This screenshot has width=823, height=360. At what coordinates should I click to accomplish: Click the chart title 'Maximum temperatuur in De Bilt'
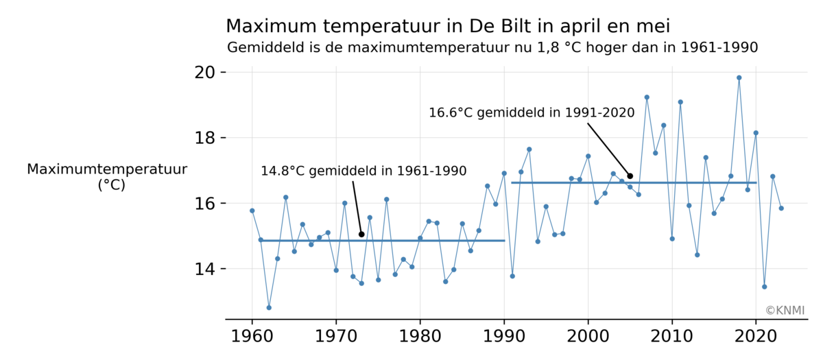coord(447,26)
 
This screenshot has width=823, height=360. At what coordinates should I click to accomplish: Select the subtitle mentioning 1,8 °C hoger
coord(492,48)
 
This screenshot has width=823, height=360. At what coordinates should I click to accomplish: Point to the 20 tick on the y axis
coord(206,73)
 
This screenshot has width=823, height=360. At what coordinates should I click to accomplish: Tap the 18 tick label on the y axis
coord(206,139)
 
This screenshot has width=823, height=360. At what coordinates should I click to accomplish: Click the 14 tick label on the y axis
coord(206,269)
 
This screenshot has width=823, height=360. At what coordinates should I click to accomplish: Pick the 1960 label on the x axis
coord(252,337)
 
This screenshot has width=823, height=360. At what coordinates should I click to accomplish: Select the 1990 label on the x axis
coord(504,337)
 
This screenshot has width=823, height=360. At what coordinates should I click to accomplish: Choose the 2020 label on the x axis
coord(756,337)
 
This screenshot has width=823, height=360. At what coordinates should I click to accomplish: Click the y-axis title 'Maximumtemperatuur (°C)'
coord(108,177)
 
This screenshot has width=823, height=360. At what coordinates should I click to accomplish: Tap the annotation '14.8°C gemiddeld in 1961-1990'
coord(363,171)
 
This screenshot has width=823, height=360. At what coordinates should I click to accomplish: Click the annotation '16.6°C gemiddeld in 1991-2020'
coord(532,112)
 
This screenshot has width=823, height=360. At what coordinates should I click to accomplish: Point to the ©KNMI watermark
coord(785,311)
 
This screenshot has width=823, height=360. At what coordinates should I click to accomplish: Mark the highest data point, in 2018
coord(739,77)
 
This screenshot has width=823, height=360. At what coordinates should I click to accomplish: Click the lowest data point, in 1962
coord(269,307)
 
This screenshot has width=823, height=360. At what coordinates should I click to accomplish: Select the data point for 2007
coord(647,97)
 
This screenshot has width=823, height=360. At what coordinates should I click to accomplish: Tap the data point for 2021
coord(764,287)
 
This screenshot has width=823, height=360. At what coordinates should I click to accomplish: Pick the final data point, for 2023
coord(781,208)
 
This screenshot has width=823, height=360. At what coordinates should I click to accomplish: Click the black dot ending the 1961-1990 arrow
coord(361,235)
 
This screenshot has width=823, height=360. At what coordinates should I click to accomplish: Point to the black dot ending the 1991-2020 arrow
coord(630,176)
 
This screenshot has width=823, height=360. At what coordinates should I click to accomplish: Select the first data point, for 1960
coord(252,211)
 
